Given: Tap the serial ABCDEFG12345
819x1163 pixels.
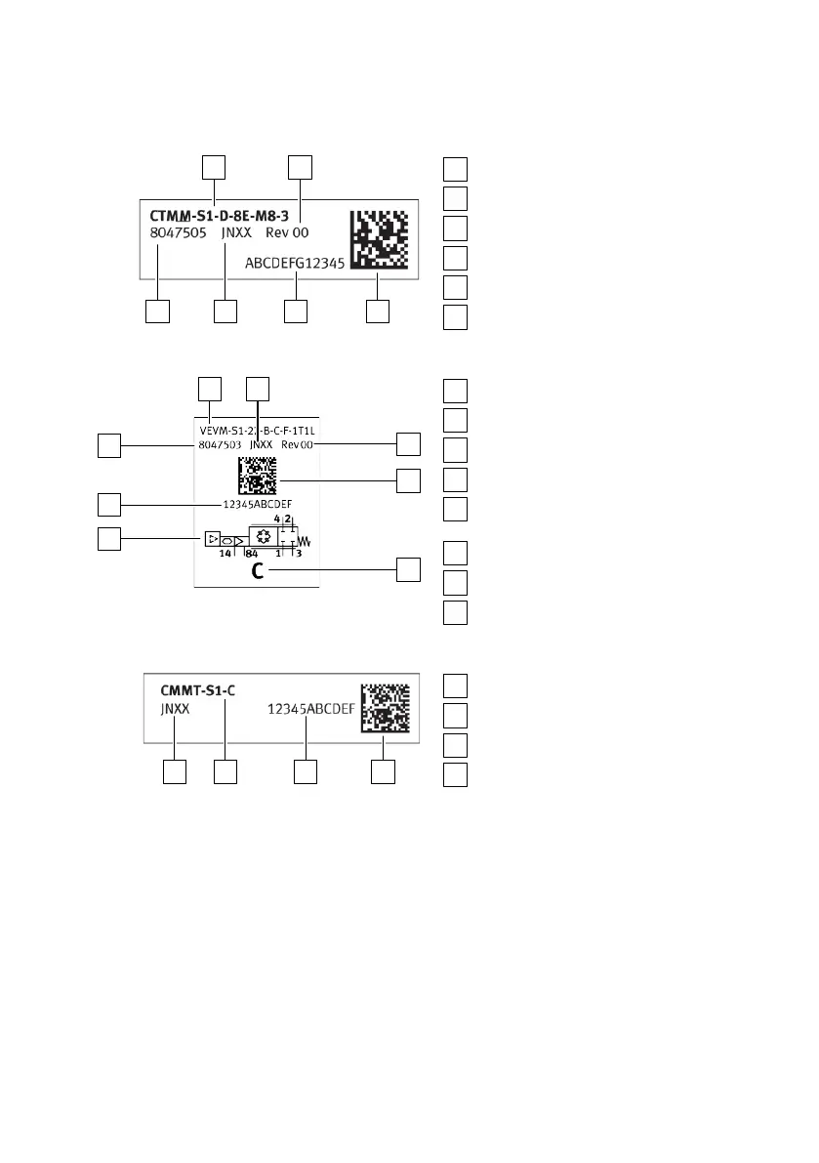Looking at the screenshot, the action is coord(294,262).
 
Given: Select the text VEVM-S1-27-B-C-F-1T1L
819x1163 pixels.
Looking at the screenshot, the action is coord(259,428).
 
